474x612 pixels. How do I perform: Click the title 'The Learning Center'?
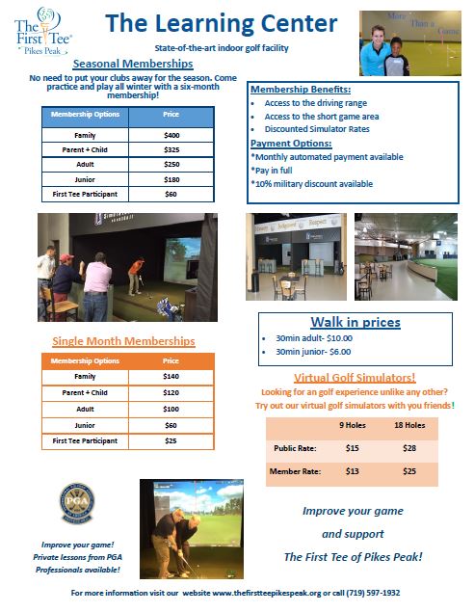[222, 23]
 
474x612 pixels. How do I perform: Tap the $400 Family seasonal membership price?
[171, 136]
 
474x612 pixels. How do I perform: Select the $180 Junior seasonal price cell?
[171, 180]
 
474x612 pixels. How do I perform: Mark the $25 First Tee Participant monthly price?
[171, 440]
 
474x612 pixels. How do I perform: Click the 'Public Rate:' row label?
[292, 448]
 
